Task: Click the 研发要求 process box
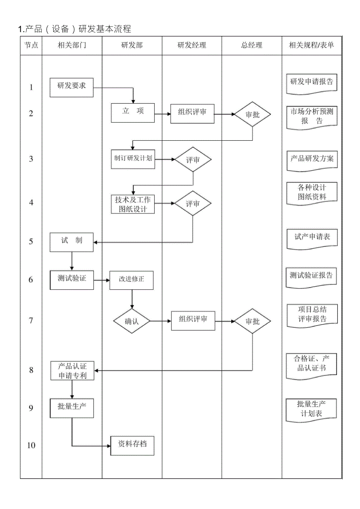pos(72,87)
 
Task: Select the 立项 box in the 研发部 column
pos(133,113)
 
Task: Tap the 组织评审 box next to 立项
pos(193,114)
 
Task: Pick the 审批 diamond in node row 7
pos(252,321)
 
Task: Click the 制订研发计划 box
pos(133,159)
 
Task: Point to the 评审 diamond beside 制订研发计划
pos(193,160)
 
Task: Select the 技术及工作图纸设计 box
pos(133,204)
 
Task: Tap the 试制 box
pos(72,242)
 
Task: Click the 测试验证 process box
pos(72,280)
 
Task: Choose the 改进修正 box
pos(131,280)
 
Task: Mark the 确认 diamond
pos(132,321)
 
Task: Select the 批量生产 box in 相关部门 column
pos(72,408)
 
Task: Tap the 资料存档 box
pos(132,445)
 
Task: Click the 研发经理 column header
pos(192,45)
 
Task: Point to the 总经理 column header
pos(252,45)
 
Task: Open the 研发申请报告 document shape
pos(312,83)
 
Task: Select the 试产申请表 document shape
pos(312,238)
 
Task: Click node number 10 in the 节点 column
pos(31,445)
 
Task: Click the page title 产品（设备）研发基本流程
pos(74,29)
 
